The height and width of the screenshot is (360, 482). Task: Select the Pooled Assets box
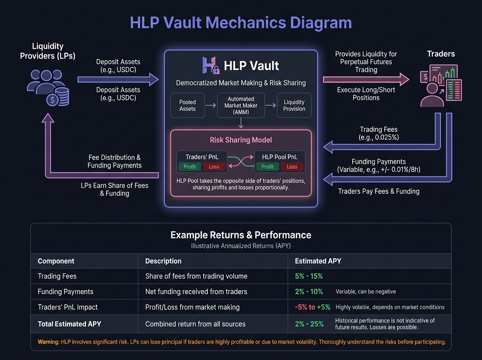(x=188, y=105)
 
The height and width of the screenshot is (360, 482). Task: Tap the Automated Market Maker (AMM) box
(x=241, y=105)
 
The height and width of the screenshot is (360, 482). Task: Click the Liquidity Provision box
(x=294, y=105)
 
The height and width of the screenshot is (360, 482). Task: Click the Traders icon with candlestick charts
(x=441, y=86)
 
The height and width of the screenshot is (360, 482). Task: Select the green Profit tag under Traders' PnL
(x=190, y=166)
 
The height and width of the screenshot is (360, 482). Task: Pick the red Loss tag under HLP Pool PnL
(x=292, y=166)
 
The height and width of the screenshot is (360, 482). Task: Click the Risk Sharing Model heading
(x=241, y=140)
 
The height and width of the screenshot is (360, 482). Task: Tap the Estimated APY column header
(x=318, y=261)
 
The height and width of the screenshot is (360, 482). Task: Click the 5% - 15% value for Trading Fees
(x=309, y=276)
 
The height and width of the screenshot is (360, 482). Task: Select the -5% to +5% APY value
(x=312, y=307)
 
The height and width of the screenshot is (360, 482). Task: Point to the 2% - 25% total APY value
(x=309, y=323)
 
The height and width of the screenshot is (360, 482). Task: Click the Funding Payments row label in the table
(x=65, y=292)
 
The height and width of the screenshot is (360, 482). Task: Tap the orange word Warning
(x=49, y=342)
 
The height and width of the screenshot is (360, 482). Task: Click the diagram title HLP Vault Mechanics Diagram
(x=241, y=22)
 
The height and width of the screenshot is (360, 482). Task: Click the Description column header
(x=163, y=261)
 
